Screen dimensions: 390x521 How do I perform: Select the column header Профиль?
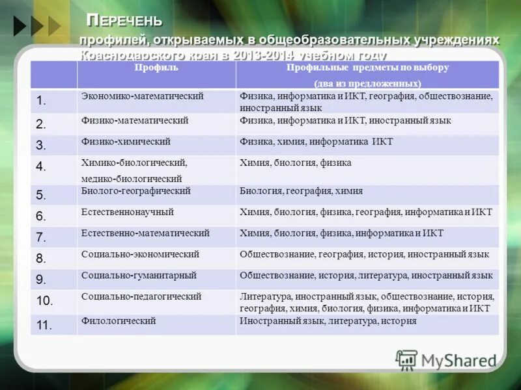[x=156, y=68]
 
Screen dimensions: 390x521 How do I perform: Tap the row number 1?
[x=41, y=100]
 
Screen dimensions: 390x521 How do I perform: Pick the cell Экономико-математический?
[x=143, y=96]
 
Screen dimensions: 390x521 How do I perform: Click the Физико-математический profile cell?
[x=135, y=121]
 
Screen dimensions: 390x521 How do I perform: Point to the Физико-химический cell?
[x=126, y=141]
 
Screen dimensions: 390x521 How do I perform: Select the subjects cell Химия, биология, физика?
[x=295, y=163]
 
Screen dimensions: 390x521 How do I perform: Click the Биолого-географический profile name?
[x=135, y=191]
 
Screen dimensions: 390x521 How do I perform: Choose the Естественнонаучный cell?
[x=128, y=212]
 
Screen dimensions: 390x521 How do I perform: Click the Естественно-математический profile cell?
[x=145, y=233]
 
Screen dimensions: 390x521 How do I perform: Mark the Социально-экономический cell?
[x=140, y=254]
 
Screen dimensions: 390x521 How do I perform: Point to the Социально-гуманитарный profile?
[x=140, y=276]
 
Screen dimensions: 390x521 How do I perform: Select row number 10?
[x=44, y=301]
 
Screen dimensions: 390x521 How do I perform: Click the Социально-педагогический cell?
[x=141, y=296]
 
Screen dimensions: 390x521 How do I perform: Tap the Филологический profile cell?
[x=119, y=321]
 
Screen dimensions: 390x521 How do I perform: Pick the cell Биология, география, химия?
[x=301, y=191]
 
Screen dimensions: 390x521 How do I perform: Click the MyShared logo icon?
[x=406, y=359]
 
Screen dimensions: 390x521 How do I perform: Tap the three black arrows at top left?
[x=36, y=25]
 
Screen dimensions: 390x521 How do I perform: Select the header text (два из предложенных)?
[x=367, y=83]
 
